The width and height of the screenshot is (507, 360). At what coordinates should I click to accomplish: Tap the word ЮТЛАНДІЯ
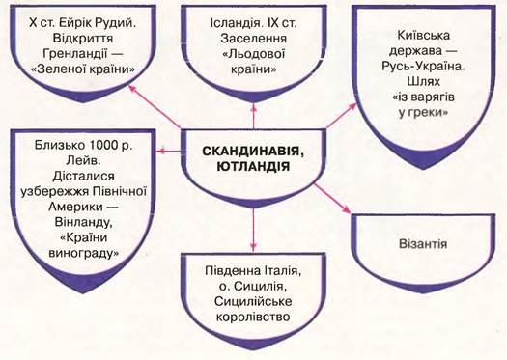[x=253, y=167]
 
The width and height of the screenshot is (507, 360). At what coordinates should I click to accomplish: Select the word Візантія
[x=423, y=243]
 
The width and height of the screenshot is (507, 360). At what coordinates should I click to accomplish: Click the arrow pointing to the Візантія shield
[x=333, y=199]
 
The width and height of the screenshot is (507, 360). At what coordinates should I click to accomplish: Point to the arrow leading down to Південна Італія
[x=253, y=229]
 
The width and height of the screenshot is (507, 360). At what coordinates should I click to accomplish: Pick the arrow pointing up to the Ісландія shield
[x=254, y=116]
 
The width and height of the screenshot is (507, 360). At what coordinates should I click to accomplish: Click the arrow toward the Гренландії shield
[x=155, y=107]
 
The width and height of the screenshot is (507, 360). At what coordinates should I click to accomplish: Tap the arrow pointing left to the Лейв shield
[x=169, y=151]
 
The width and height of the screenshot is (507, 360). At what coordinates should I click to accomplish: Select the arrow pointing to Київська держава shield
[x=341, y=116]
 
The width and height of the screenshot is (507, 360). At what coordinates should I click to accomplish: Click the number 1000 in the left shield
[x=99, y=146]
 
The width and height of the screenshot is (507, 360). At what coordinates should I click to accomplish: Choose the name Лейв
[x=83, y=161]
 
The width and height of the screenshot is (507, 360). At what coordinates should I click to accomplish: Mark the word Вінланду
[x=83, y=222]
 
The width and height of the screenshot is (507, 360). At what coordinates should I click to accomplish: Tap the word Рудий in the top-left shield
[x=116, y=23]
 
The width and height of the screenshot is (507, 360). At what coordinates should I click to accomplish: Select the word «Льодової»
[x=253, y=54]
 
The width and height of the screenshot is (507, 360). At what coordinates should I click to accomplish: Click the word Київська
[x=423, y=35]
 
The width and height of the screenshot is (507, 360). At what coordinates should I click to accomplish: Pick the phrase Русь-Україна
[x=423, y=66]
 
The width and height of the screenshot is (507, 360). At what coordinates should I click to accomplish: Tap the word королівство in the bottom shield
[x=253, y=317]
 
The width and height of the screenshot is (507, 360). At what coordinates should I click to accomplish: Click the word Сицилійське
[x=253, y=301]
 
